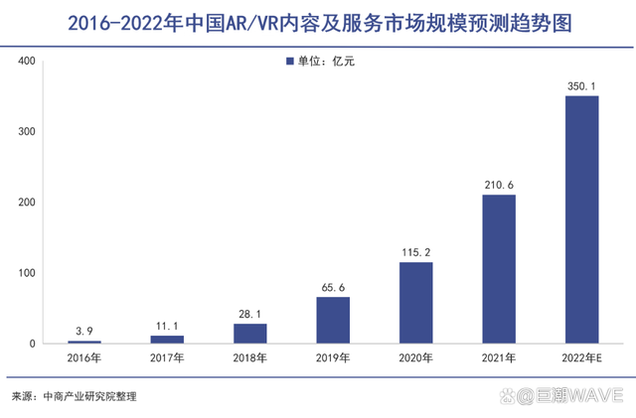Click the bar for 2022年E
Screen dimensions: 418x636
coord(581,219)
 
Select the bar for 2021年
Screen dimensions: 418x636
coord(499,269)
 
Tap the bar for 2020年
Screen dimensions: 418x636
coord(415,303)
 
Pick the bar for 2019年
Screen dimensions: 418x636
coord(333,320)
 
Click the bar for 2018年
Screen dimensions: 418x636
coord(250,334)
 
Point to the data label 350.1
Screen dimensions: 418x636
coord(581,86)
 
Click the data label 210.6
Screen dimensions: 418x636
coord(499,185)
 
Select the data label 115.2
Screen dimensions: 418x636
coord(415,252)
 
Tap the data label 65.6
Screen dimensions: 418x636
coord(333,287)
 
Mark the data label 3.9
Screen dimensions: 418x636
coord(84,331)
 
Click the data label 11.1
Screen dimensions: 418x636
coord(167,326)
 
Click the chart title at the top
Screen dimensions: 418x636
coord(318,22)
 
